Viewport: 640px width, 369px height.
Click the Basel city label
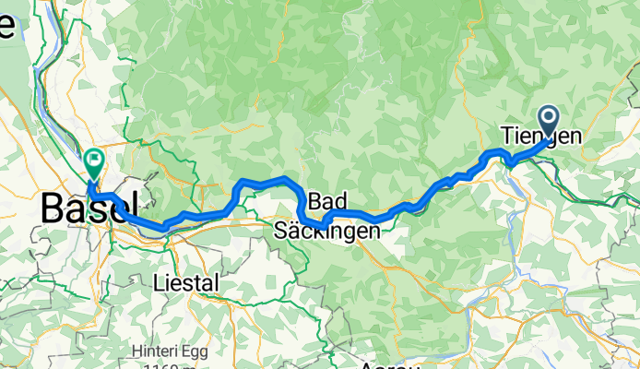(x=89, y=208)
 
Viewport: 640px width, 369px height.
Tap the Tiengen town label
(x=541, y=135)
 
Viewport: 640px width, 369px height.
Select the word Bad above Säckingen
(x=328, y=202)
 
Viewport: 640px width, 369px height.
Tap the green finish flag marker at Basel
(x=94, y=163)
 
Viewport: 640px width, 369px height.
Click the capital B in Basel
(x=53, y=208)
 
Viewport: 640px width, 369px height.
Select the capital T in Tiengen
(x=508, y=135)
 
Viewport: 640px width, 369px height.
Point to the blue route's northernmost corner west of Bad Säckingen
(x=287, y=178)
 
